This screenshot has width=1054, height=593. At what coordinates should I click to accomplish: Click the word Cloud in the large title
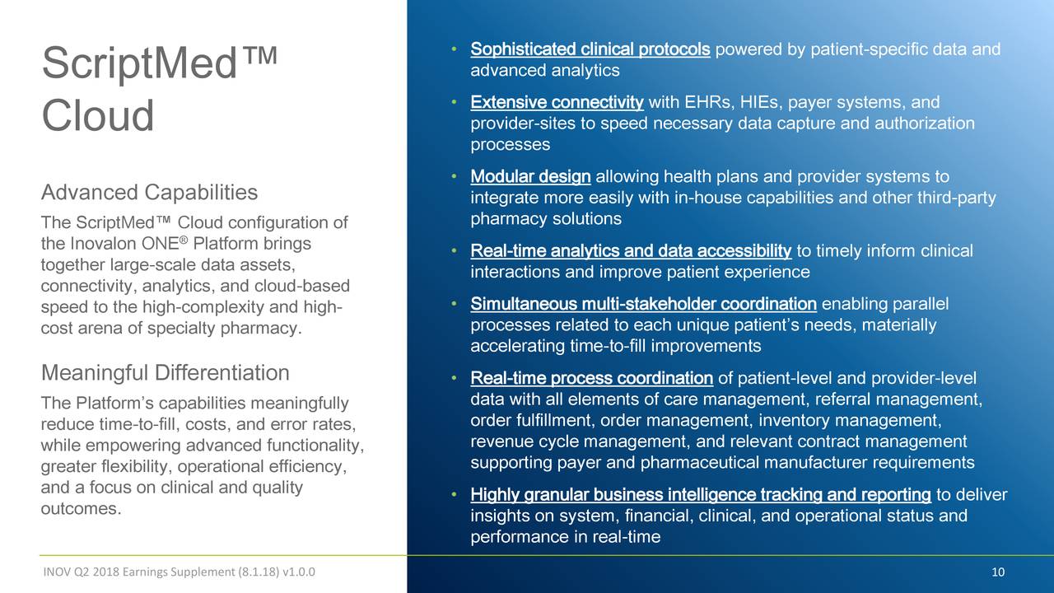coord(98,116)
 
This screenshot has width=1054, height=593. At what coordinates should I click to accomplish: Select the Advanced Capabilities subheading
coord(149,193)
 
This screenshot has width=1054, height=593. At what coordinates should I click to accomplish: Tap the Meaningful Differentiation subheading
coord(165,373)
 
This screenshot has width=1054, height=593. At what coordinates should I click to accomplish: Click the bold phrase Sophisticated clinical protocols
coord(590,49)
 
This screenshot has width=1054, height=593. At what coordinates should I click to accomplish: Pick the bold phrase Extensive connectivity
coord(557,103)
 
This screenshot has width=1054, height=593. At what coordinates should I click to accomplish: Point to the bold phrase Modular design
coord(530,177)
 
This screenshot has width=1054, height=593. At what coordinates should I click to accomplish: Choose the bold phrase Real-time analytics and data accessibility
coord(631,251)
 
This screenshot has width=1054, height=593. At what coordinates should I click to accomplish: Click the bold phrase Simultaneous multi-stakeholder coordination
coord(643,305)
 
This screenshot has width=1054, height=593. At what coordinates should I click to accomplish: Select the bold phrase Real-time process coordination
coord(591,379)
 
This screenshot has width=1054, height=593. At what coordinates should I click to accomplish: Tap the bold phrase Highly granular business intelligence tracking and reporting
coord(701,495)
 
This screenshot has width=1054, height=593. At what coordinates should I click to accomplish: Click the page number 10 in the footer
coord(999,573)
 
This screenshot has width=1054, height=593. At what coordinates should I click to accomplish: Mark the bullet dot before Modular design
coord(454,177)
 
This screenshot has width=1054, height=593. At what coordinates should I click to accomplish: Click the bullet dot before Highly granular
coord(454,495)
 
